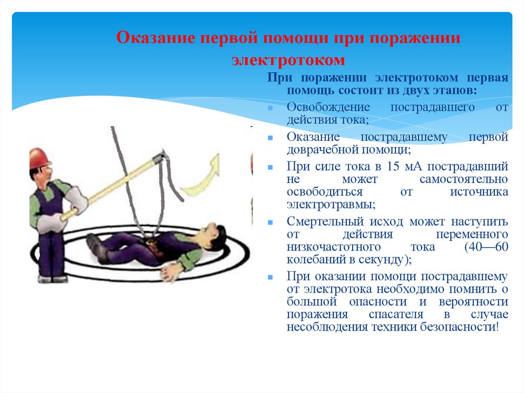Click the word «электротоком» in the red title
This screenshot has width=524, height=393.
click(x=288, y=60)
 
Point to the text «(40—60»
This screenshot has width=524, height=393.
click(x=486, y=247)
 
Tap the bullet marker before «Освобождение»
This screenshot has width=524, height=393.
click(x=270, y=109)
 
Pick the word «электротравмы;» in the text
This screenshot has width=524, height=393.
click(x=331, y=204)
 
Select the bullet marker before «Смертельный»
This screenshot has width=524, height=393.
click(x=270, y=223)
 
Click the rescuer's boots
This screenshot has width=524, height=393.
click(x=51, y=279)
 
